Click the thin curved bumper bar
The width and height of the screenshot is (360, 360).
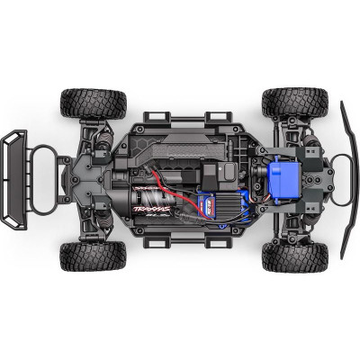pos(346,180)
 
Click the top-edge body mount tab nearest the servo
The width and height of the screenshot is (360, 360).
pos(219,117)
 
